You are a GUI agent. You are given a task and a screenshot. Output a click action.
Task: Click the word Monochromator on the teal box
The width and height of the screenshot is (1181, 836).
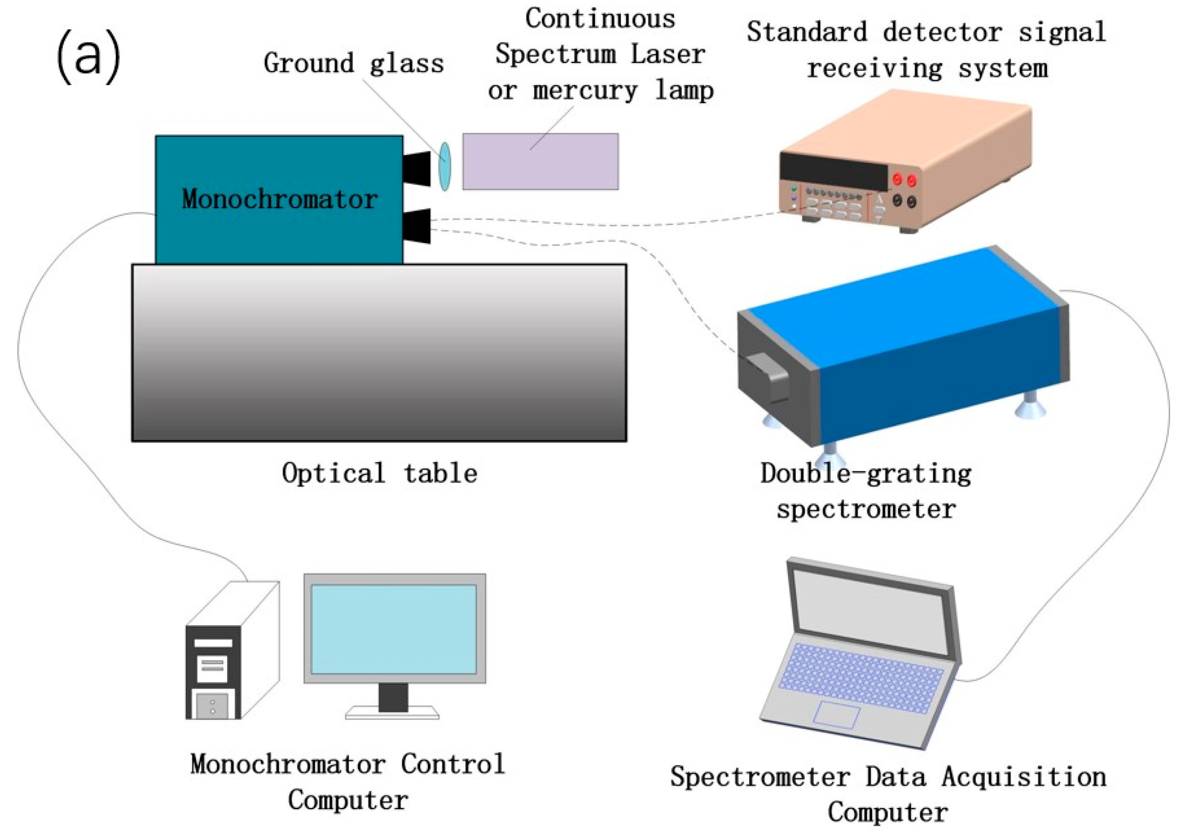(279, 199)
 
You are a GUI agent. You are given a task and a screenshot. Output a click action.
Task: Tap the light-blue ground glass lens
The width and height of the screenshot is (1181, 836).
(445, 166)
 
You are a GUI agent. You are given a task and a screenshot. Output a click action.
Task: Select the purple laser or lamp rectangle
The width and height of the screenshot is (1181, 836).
(541, 162)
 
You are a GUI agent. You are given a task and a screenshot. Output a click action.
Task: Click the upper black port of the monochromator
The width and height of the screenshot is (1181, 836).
(417, 169)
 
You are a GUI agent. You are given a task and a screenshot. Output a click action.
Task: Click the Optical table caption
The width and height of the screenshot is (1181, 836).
(379, 473)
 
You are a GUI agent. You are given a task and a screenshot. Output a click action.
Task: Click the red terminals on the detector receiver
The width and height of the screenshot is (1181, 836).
(904, 179)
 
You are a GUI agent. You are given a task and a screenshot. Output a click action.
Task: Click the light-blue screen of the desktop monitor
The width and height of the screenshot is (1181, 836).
(394, 629)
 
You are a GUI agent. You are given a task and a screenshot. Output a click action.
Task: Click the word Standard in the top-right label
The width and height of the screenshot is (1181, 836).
(806, 32)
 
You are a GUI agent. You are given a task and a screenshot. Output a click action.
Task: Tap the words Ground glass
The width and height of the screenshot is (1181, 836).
(353, 64)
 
